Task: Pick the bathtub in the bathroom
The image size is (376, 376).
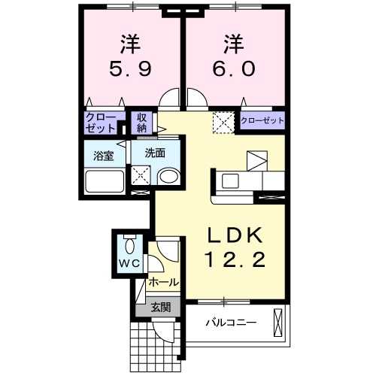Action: tap(105, 181)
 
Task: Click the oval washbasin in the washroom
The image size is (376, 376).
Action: tap(170, 177)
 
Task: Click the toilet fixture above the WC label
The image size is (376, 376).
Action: tap(129, 244)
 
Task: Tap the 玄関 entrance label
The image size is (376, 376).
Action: tap(159, 307)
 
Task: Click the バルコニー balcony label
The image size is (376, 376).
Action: tap(232, 323)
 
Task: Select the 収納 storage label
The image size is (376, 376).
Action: tap(142, 123)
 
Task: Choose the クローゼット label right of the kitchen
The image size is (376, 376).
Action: tap(262, 120)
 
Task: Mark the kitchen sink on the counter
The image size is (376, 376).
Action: tap(229, 181)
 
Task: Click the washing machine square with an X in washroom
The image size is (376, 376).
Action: tap(141, 175)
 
